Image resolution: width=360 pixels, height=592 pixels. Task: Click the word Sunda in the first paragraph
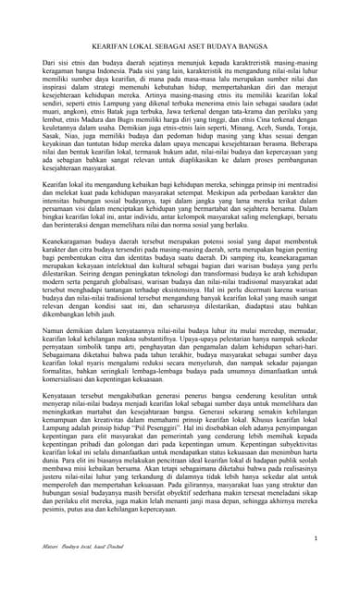pos(271,153)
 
